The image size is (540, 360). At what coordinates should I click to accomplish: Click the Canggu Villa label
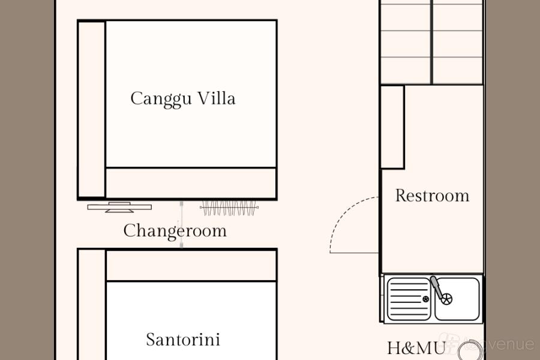(x=183, y=98)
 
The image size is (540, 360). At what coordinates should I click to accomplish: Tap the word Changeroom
(x=175, y=231)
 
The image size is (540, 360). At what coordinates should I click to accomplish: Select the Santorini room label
(x=183, y=340)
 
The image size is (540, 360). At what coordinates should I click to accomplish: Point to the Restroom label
(x=432, y=196)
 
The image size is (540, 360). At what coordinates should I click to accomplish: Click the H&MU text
(x=416, y=348)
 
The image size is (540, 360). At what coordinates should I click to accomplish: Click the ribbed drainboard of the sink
(x=409, y=299)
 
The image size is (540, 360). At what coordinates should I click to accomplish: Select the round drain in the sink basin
(x=446, y=298)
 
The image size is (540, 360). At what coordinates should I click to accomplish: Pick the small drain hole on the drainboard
(x=426, y=299)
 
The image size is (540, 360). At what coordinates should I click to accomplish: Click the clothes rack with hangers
(x=230, y=208)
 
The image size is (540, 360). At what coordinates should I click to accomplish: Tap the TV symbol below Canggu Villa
(x=119, y=208)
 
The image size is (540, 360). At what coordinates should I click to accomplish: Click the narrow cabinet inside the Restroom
(x=392, y=127)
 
